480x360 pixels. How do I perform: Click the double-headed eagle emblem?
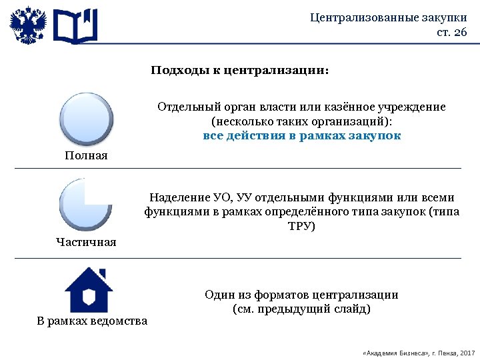(x=28, y=26)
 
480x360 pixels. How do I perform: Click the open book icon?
(x=75, y=27)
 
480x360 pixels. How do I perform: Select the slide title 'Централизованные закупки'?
(x=389, y=17)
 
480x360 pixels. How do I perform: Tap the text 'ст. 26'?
(x=451, y=33)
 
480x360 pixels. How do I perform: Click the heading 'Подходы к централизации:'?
(x=239, y=70)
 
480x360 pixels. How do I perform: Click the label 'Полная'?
(x=86, y=155)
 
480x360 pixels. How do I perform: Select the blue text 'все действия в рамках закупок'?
(x=301, y=135)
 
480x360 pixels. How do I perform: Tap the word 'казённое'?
(x=347, y=107)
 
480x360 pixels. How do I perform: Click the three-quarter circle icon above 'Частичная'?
(x=85, y=203)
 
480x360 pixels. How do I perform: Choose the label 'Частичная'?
(x=86, y=242)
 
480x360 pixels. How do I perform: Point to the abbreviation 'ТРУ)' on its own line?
(x=301, y=226)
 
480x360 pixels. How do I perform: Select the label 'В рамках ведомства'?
(x=92, y=321)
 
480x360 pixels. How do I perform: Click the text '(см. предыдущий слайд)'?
(x=301, y=309)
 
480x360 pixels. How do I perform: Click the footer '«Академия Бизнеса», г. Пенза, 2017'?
(x=417, y=352)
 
